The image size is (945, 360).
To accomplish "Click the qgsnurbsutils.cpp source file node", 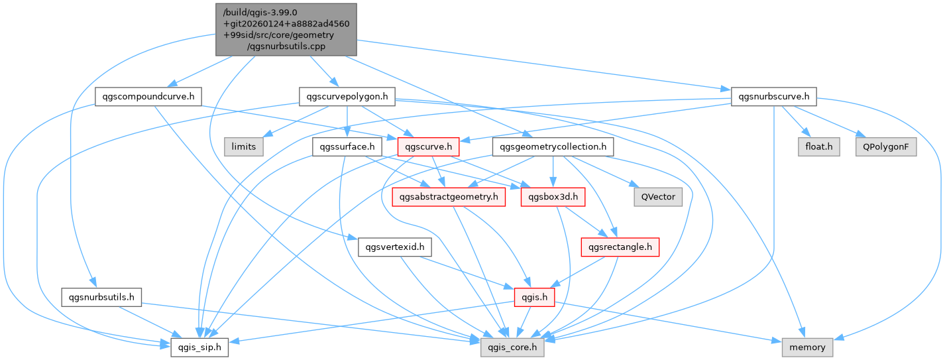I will (286, 29).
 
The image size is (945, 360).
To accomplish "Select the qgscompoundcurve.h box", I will (148, 97).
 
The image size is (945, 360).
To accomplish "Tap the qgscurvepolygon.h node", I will (347, 97).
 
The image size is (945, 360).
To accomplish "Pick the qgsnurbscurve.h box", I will (773, 97).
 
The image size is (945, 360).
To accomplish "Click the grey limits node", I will (244, 147).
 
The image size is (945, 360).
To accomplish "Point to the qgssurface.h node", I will (347, 147).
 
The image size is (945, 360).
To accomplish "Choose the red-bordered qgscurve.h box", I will (429, 147).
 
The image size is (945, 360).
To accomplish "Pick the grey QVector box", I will (657, 196).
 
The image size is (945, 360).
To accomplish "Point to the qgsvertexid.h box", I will (395, 247).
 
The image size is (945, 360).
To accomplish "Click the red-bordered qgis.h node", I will (535, 297).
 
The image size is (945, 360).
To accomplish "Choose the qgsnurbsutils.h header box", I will (101, 297).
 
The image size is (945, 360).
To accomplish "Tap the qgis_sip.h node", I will (199, 347).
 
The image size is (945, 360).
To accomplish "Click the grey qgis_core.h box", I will (513, 347).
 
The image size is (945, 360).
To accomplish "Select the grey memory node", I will (807, 347).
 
